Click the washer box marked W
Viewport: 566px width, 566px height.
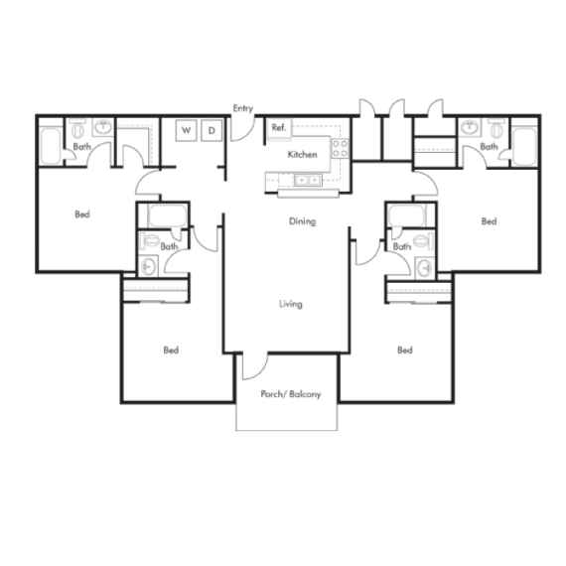click(187, 130)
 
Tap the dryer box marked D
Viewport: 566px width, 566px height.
click(212, 130)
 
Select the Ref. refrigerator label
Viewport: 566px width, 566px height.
click(279, 127)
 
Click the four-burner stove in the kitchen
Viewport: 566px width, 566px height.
click(340, 148)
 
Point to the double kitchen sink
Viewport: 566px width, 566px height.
click(308, 180)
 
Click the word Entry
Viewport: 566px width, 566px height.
click(243, 108)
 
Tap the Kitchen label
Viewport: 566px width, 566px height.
click(303, 155)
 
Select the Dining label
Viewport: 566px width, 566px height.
click(303, 221)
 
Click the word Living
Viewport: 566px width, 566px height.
click(291, 304)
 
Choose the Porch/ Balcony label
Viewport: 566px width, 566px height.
click(291, 394)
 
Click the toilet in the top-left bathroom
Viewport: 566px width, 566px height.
click(76, 129)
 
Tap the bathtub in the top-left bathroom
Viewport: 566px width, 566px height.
click(51, 145)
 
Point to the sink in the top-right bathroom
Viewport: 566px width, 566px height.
click(470, 127)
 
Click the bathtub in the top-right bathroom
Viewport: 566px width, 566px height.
click(525, 146)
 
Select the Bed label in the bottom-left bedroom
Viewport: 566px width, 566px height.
click(171, 350)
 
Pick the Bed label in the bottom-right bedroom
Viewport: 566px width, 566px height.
click(405, 350)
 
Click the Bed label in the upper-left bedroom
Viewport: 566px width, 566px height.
click(82, 214)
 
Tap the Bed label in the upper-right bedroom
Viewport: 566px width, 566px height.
click(489, 221)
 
